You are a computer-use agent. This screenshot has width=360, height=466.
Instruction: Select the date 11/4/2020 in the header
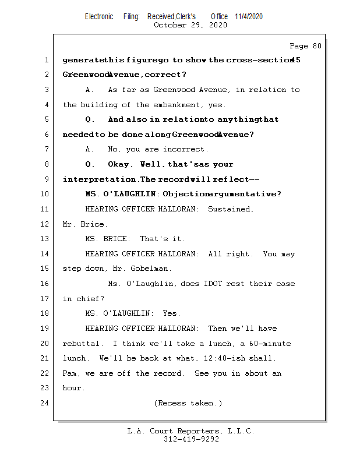coord(249,16)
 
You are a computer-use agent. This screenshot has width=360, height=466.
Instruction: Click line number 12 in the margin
coord(45,224)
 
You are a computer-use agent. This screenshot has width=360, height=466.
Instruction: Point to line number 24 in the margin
coord(45,403)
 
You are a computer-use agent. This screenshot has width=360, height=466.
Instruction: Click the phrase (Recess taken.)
coord(188,403)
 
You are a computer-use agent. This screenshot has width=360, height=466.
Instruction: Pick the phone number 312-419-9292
coord(191,439)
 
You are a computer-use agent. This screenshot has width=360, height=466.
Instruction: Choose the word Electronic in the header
coord(99,16)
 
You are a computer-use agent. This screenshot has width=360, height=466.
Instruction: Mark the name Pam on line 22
coord(69,373)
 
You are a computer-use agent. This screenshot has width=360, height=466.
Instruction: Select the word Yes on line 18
coord(171,313)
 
